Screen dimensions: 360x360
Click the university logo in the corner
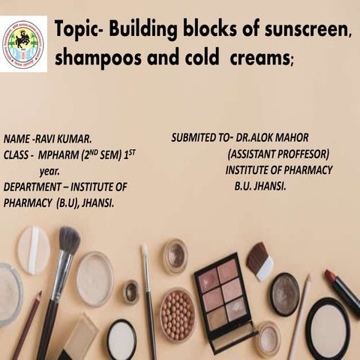pyautogui.click(x=23, y=43)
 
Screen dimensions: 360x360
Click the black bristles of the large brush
pyautogui.click(x=70, y=241)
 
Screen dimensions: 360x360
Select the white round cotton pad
pyautogui.click(x=34, y=250)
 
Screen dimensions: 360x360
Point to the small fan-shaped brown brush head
pyautogui.click(x=259, y=259)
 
